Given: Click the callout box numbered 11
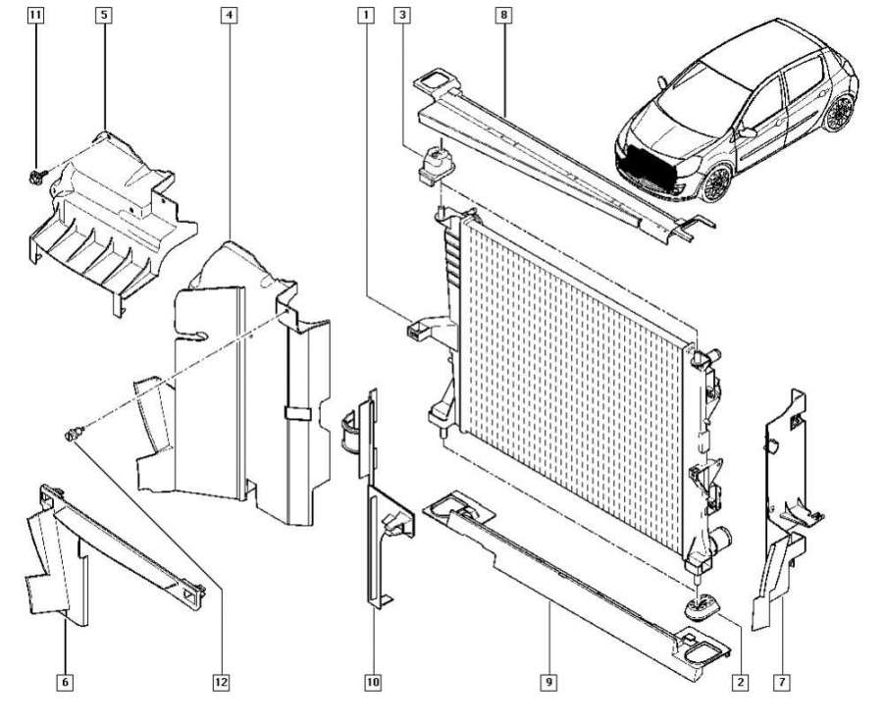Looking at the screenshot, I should (x=35, y=16).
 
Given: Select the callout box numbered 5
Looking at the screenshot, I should (x=104, y=16).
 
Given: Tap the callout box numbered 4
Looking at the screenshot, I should (x=228, y=16).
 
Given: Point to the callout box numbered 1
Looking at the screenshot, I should (x=365, y=16).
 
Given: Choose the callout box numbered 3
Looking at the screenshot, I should (x=402, y=16).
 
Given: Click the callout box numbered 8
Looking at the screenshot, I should (x=504, y=16).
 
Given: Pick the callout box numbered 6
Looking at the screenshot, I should (x=65, y=679).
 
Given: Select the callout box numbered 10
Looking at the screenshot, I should (x=373, y=679).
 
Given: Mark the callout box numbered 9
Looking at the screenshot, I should (x=549, y=679).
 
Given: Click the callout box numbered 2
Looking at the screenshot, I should (x=742, y=679).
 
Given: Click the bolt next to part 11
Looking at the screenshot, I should (x=36, y=177).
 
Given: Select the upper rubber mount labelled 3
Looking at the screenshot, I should (x=434, y=164).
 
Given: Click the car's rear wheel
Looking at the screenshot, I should (x=840, y=114).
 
